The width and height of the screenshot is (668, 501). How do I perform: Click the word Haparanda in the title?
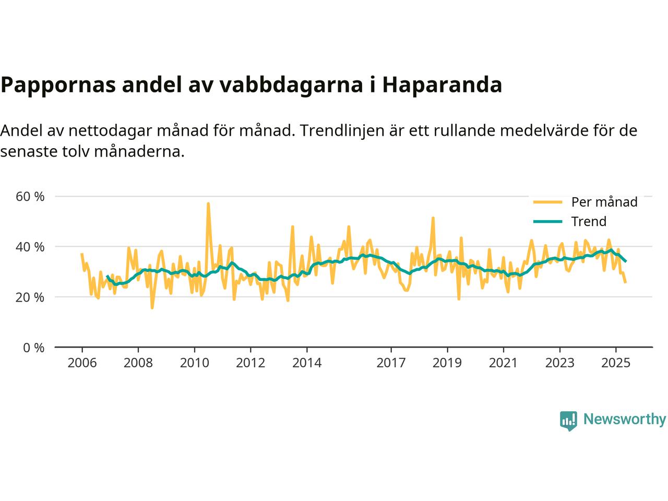pyautogui.click(x=442, y=85)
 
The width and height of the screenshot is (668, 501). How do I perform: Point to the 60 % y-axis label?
pyautogui.click(x=30, y=197)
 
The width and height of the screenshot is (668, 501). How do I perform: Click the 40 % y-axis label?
pyautogui.click(x=30, y=247)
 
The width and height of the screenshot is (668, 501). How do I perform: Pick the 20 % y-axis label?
pyautogui.click(x=30, y=297)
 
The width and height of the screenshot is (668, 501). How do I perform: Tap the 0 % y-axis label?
pyautogui.click(x=33, y=348)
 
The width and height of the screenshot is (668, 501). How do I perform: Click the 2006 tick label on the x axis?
pyautogui.click(x=82, y=363)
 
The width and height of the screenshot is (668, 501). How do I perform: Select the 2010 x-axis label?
pyautogui.click(x=194, y=363)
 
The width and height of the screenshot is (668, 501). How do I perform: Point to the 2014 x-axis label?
pyautogui.click(x=307, y=363)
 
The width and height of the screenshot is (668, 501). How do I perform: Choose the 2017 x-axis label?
pyautogui.click(x=391, y=363)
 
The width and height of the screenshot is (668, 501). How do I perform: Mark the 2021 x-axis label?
pyautogui.click(x=503, y=363)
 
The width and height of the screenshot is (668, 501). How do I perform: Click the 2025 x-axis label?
pyautogui.click(x=616, y=363)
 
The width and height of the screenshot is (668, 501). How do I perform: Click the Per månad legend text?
pyautogui.click(x=604, y=202)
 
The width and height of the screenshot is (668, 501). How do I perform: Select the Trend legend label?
pyautogui.click(x=589, y=221)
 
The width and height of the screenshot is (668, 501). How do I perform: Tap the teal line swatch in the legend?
pyautogui.click(x=547, y=221)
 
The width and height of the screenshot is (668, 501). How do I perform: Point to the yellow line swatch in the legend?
pyautogui.click(x=547, y=202)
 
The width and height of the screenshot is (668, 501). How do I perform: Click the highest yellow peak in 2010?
pyautogui.click(x=208, y=204)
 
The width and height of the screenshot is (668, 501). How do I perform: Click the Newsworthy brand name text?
pyautogui.click(x=624, y=419)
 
